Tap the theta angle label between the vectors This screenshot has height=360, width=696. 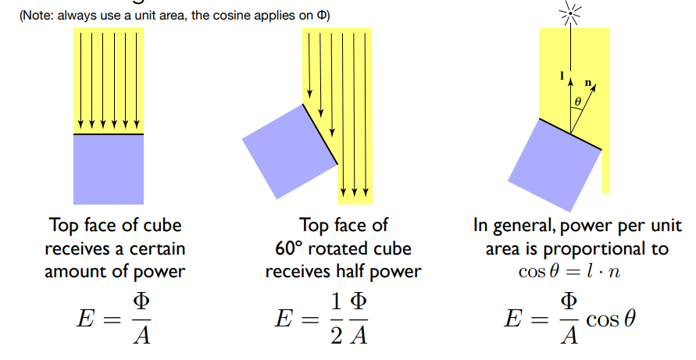coord(578,102)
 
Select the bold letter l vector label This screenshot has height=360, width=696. coord(562,76)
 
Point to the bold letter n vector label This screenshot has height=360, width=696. coord(588,80)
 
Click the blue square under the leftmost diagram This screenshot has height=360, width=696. coord(109,169)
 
